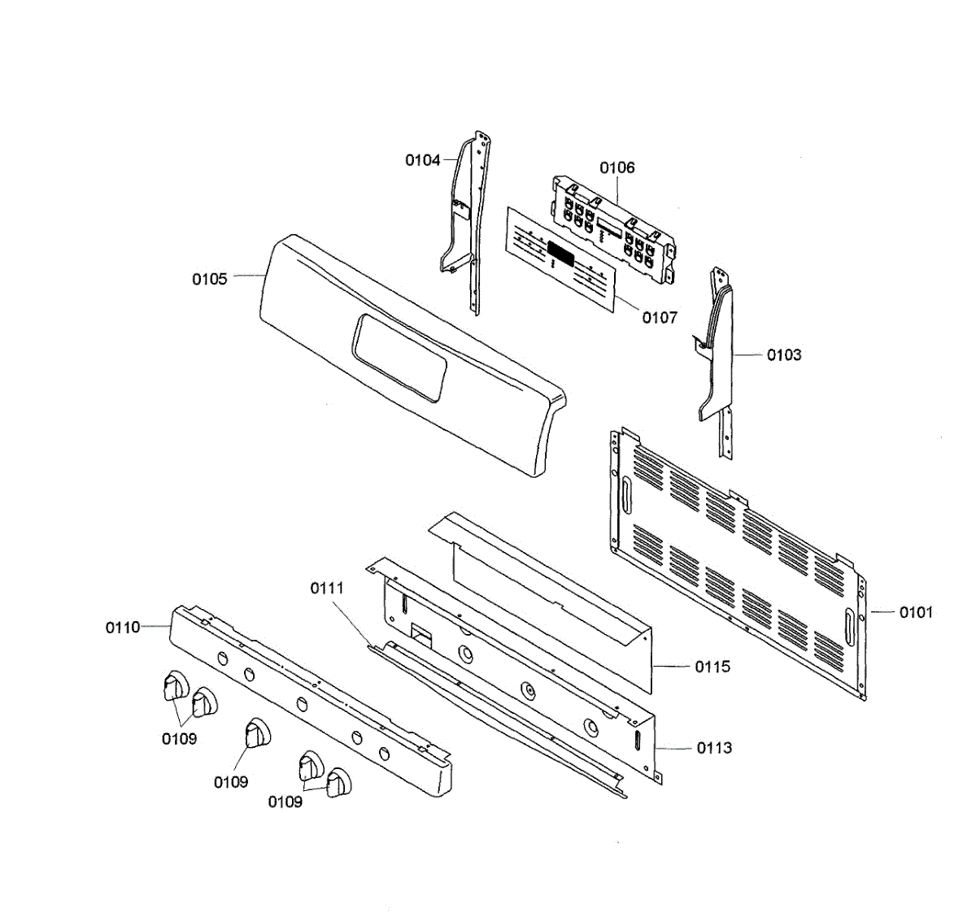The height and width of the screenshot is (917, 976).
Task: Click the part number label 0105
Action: tap(209, 280)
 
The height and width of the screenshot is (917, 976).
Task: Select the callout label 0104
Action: tap(423, 160)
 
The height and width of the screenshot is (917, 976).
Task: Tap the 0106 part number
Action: tap(617, 168)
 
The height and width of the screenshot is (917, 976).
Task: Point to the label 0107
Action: tap(660, 318)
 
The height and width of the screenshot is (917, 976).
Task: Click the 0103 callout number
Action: tap(784, 354)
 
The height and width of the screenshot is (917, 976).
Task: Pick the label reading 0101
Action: tap(916, 612)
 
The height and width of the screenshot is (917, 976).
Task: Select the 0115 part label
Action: tap(712, 667)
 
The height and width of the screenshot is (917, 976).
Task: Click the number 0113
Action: tap(714, 748)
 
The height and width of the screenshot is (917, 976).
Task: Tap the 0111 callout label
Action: tap(327, 588)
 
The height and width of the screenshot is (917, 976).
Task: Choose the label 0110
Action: tap(123, 628)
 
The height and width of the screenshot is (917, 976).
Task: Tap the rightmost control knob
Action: tap(338, 782)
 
